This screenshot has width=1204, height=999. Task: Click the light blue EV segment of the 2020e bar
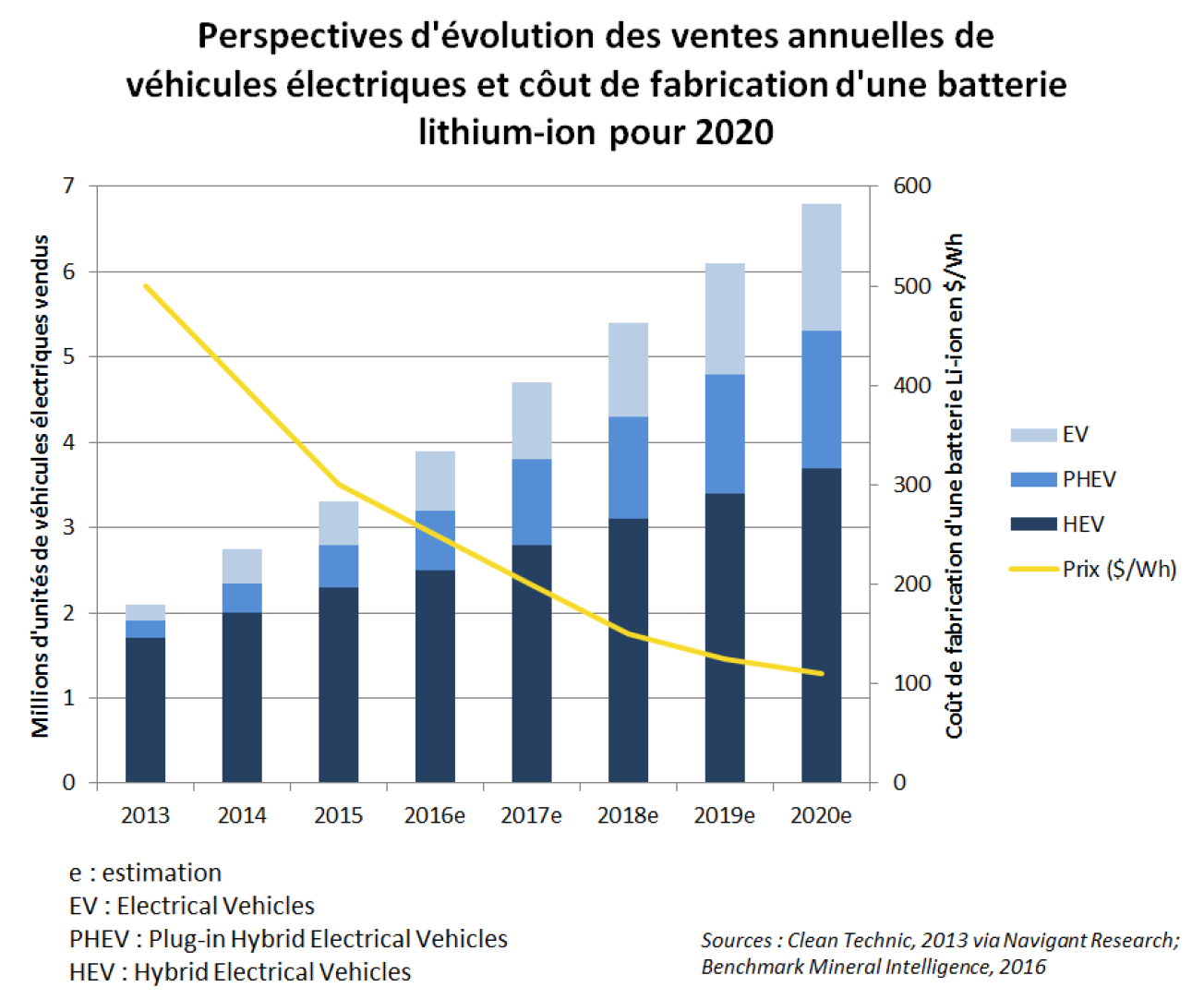tap(821, 267)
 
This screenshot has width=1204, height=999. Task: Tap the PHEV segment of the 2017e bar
tap(531, 501)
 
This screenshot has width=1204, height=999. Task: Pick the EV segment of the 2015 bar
tap(338, 523)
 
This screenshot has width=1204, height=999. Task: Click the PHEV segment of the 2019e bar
tap(724, 433)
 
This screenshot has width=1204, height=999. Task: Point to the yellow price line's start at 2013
tap(146, 286)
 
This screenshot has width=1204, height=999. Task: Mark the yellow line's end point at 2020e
tap(821, 673)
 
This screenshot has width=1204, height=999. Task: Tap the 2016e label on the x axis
tap(434, 815)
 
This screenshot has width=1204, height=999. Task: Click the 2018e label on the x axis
tap(627, 815)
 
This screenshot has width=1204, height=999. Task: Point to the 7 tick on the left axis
tap(68, 187)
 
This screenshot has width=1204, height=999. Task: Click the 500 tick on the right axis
tap(911, 286)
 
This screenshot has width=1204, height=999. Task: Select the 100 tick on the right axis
tap(911, 683)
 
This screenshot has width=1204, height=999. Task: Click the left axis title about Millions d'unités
tap(40, 485)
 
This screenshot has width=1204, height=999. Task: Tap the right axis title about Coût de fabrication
tap(954, 485)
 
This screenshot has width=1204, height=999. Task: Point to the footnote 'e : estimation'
tap(145, 873)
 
